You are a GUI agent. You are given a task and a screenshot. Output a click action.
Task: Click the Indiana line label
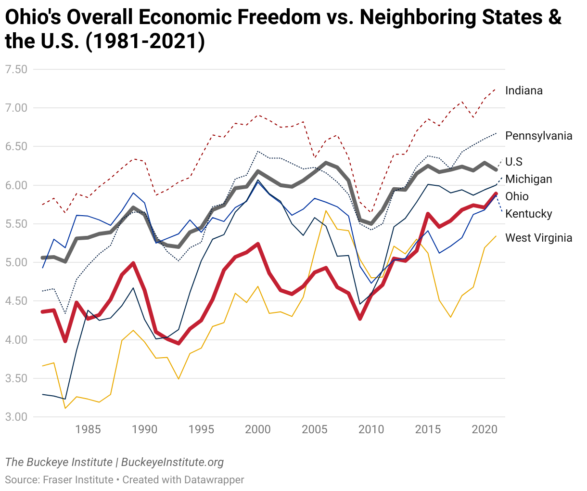(x=523, y=90)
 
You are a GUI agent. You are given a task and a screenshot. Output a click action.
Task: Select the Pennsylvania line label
(x=538, y=136)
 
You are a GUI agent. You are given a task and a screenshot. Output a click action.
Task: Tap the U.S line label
(x=513, y=162)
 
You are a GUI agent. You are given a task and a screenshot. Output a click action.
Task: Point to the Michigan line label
(x=528, y=179)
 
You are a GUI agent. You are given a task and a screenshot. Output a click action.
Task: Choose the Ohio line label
(x=517, y=196)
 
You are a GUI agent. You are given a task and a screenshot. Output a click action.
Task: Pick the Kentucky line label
(x=528, y=214)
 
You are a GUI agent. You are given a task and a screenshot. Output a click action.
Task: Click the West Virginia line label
(x=538, y=238)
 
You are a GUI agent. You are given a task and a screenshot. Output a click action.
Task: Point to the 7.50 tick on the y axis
(x=16, y=69)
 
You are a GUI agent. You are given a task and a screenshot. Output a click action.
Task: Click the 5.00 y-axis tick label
(x=16, y=263)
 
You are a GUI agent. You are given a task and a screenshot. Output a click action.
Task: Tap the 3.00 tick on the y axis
(x=16, y=417)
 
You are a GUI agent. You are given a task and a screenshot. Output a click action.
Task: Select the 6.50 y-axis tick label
(x=16, y=147)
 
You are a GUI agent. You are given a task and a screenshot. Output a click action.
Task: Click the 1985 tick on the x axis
(x=88, y=429)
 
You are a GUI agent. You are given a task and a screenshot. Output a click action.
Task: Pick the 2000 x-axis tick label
(x=258, y=429)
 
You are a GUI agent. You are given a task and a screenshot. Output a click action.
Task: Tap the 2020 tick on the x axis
(x=485, y=429)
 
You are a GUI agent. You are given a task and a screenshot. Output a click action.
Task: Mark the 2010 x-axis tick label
(x=371, y=429)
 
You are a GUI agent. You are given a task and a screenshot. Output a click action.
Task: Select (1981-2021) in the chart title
(x=145, y=42)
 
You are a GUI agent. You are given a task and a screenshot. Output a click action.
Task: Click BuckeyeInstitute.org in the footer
(x=172, y=463)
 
